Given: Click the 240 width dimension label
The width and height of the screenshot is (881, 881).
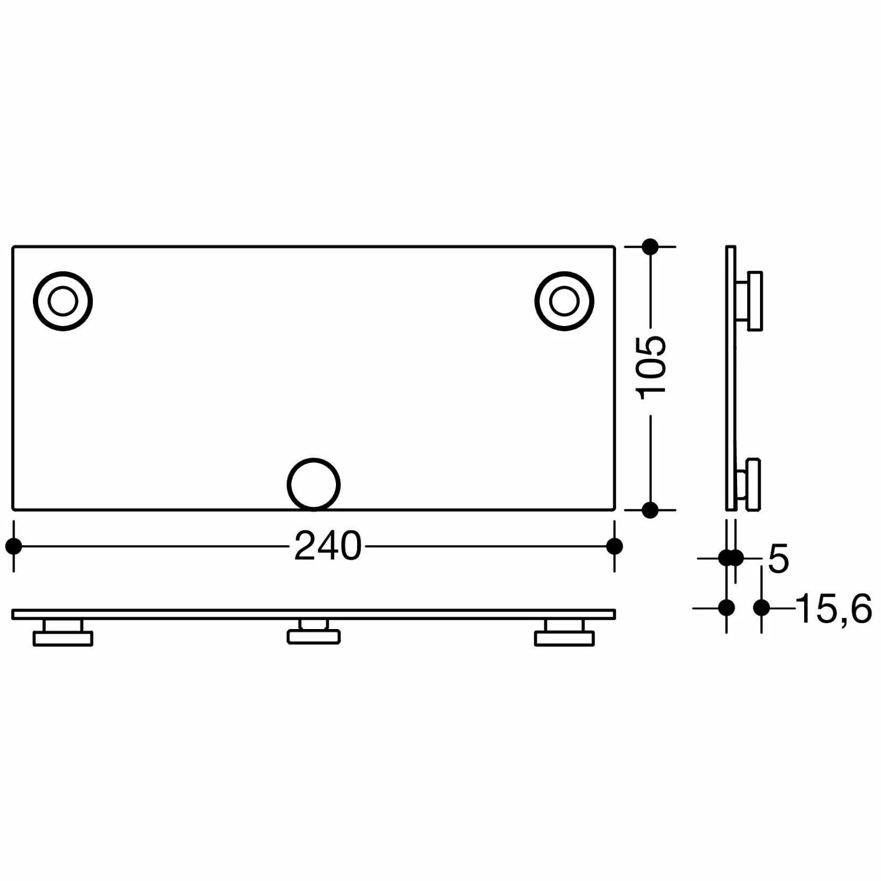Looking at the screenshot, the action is click(x=327, y=546).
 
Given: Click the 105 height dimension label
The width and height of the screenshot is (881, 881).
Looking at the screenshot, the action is click(x=652, y=367).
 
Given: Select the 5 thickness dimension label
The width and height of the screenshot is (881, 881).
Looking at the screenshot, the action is click(x=778, y=559).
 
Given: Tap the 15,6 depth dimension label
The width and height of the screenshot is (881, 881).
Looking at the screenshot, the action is click(x=834, y=608).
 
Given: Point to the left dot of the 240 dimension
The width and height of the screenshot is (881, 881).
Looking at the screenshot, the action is click(x=14, y=546).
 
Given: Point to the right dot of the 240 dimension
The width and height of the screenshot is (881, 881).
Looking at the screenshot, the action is click(x=614, y=546).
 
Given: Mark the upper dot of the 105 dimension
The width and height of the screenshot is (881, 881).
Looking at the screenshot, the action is click(x=650, y=247).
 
